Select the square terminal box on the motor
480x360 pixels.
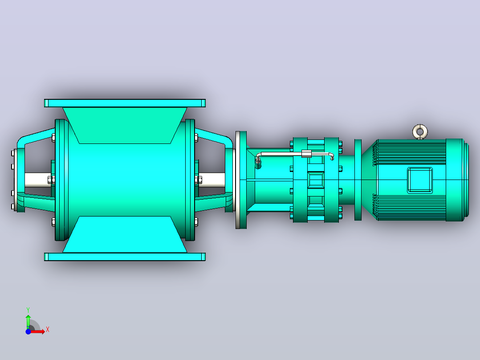point(420,180)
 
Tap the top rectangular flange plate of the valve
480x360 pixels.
point(125,103)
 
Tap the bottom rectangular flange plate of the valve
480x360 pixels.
point(125,257)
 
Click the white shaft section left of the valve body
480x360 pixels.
point(38,180)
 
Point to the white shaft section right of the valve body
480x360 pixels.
point(212,180)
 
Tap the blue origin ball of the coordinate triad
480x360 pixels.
point(28,331)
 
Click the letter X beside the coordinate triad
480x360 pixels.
point(48,330)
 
